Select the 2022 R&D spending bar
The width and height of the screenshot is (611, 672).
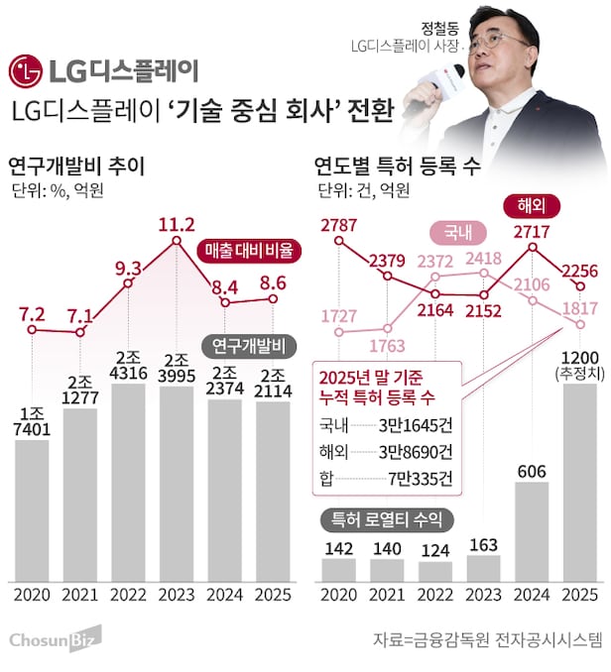pyautogui.click(x=128, y=486)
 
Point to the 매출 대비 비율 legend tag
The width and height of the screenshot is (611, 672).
pyautogui.click(x=250, y=252)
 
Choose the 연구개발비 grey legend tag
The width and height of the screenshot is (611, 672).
pyautogui.click(x=249, y=346)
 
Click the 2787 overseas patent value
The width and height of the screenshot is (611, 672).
pyautogui.click(x=339, y=225)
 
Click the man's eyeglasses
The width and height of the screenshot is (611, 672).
pyautogui.click(x=497, y=41)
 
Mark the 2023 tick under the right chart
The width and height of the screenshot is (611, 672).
pyautogui.click(x=483, y=595)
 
